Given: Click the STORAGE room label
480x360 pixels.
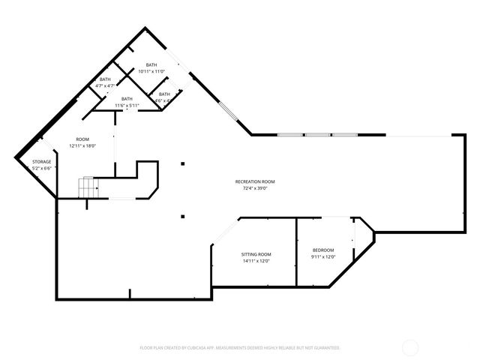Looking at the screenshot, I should (x=41, y=162).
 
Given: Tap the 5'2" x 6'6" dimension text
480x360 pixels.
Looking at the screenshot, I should (x=41, y=169).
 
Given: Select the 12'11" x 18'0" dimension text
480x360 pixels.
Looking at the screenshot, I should (x=82, y=146).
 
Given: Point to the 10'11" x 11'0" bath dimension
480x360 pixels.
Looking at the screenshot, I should (x=152, y=71).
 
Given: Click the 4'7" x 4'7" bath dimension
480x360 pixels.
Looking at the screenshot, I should (x=105, y=85).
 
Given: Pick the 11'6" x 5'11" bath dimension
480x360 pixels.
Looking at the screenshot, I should (x=127, y=105).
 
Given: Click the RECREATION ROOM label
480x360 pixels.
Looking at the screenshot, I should (x=256, y=181).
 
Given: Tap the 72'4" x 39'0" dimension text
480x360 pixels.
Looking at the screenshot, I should (x=256, y=188).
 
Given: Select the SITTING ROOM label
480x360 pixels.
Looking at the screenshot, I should (x=256, y=254).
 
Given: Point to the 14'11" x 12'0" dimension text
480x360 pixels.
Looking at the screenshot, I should (x=256, y=261).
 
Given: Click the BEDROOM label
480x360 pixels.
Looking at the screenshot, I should (x=323, y=250).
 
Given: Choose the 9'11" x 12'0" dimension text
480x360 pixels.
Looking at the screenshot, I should (x=323, y=256).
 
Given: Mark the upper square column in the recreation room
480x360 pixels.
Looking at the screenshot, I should (x=181, y=165).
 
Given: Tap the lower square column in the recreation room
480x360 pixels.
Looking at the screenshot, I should (x=181, y=217).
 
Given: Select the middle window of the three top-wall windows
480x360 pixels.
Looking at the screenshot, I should (x=318, y=135).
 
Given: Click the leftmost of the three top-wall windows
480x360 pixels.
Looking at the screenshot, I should (x=290, y=135).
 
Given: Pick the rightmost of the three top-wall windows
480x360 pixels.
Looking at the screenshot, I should (x=344, y=135).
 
